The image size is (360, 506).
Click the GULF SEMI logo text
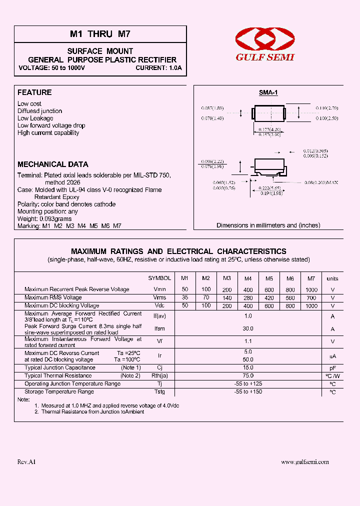(265, 57)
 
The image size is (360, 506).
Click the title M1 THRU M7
(100, 34)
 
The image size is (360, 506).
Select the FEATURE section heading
(34, 92)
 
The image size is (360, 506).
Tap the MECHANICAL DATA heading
(53, 164)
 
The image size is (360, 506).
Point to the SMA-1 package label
(268, 93)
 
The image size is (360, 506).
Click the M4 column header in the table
(248, 278)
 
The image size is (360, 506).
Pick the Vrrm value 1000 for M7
(311, 289)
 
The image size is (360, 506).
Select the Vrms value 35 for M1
(185, 297)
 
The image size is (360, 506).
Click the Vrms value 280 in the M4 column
(248, 297)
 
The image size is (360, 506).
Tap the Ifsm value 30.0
(248, 329)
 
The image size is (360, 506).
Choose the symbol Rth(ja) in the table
(159, 375)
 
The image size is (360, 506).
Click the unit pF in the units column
(332, 367)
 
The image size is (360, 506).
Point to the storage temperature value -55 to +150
(248, 392)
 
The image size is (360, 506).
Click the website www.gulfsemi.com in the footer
(305, 462)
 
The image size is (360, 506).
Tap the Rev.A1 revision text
(26, 462)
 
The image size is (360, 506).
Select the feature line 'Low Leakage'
(35, 118)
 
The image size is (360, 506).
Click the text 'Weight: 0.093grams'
(44, 218)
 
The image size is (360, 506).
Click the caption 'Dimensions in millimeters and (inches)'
(268, 225)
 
